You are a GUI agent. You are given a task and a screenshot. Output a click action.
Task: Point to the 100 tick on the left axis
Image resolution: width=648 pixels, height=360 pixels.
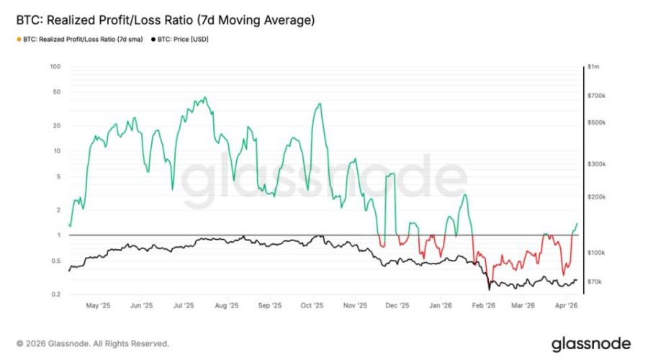pyautogui.click(x=55, y=67)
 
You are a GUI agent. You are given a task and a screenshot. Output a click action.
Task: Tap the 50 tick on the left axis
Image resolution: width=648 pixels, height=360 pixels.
pyautogui.click(x=56, y=93)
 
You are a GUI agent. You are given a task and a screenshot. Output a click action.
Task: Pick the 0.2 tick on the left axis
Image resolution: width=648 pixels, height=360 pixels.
pyautogui.click(x=55, y=294)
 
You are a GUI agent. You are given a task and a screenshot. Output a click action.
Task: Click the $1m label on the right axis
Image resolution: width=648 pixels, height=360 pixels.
pyautogui.click(x=594, y=67)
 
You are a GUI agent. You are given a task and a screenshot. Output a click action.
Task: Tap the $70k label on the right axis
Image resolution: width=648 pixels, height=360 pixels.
pyautogui.click(x=595, y=282)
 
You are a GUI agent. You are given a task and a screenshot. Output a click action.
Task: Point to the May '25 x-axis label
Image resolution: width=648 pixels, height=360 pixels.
pyautogui.click(x=99, y=305)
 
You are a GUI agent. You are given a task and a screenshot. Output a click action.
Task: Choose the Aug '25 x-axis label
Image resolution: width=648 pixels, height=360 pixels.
pyautogui.click(x=226, y=305)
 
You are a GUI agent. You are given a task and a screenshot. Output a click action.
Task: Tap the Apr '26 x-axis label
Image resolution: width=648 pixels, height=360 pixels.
pyautogui.click(x=570, y=305)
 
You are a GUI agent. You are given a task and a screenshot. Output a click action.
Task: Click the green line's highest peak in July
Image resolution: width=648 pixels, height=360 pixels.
pyautogui.click(x=205, y=97)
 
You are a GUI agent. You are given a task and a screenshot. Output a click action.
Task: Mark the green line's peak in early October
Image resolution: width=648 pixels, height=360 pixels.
pyautogui.click(x=318, y=104)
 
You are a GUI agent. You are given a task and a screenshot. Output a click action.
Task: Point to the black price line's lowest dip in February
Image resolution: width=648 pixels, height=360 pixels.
pyautogui.click(x=489, y=289)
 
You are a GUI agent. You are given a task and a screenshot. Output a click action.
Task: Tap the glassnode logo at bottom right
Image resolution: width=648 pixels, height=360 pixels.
pyautogui.click(x=591, y=343)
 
